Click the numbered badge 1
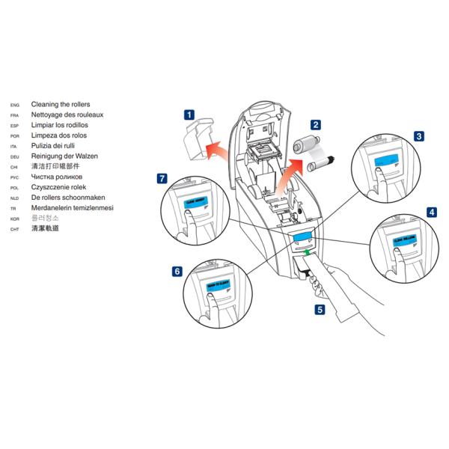click(189, 115)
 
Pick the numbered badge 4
click(432, 212)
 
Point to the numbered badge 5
click(320, 308)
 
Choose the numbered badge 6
click(177, 272)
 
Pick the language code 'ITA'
click(14, 147)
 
